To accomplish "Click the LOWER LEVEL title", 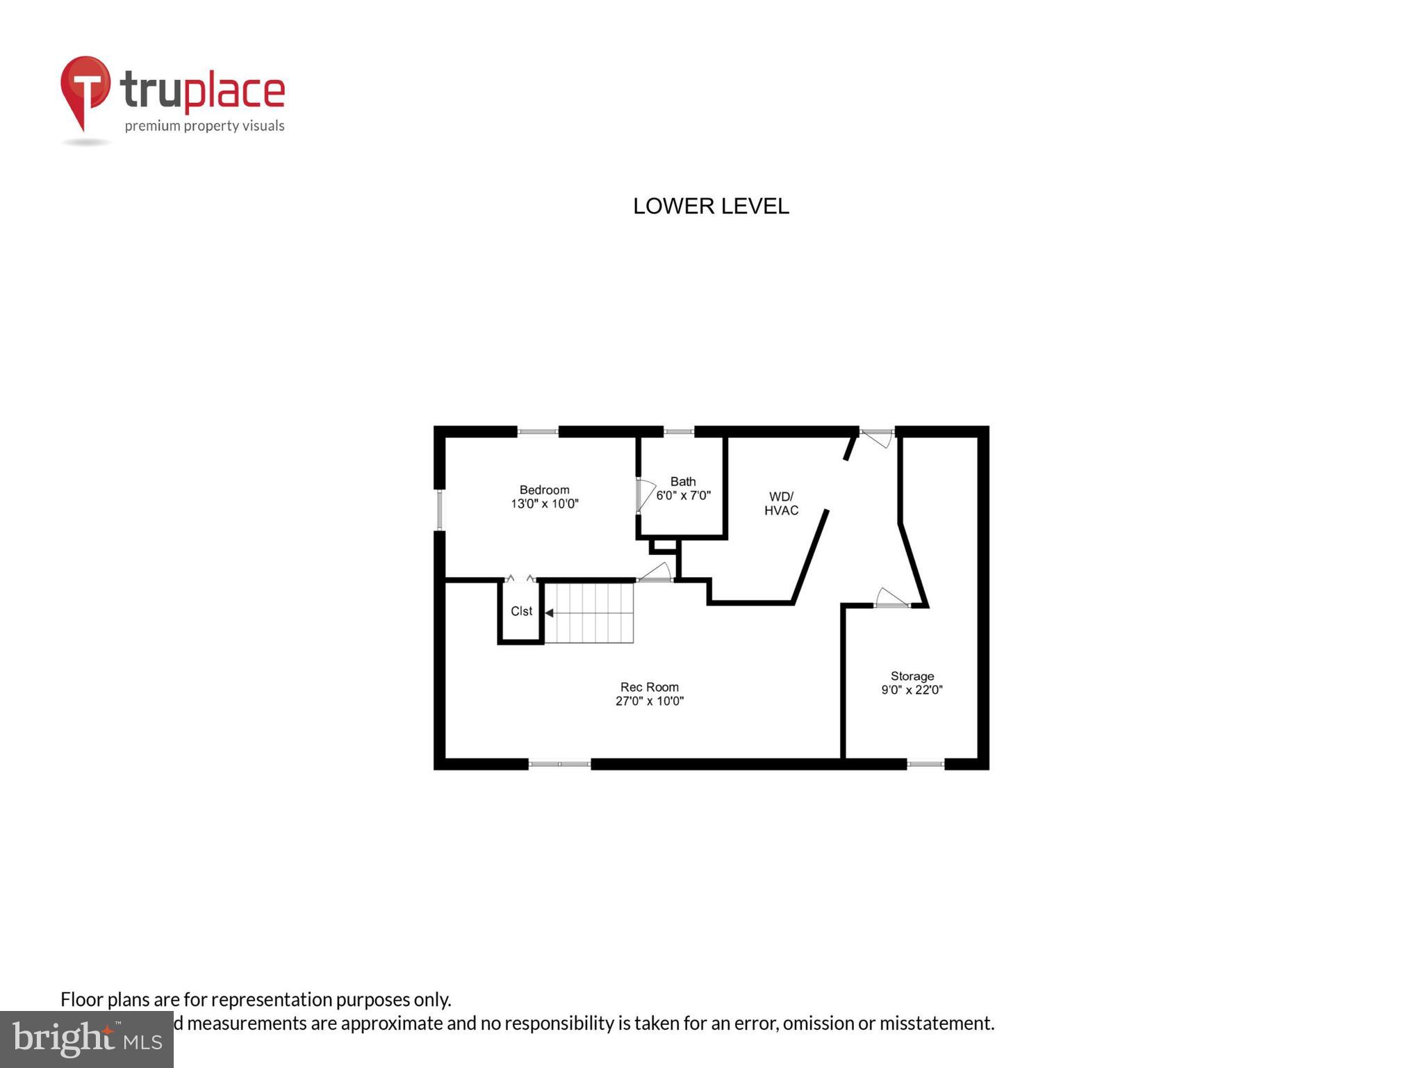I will tap(711, 207).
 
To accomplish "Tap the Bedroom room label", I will tap(544, 489).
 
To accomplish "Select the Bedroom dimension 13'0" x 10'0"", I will tap(545, 504).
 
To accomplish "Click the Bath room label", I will tap(683, 481).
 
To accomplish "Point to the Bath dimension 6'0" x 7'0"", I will tap(684, 496).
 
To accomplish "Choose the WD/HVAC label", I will tap(781, 503).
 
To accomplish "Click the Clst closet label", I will tap(521, 611).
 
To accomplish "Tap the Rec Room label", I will tap(649, 687).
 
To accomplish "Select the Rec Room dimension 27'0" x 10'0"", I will tap(650, 701).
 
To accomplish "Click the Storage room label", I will tap(912, 676).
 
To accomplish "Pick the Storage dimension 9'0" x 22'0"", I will tap(912, 690).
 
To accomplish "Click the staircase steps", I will tap(590, 613).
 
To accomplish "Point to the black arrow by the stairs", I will tap(549, 613).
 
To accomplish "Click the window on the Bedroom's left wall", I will tap(439, 510).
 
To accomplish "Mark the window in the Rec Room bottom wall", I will tap(559, 764).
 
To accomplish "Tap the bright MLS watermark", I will tap(87, 1039).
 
